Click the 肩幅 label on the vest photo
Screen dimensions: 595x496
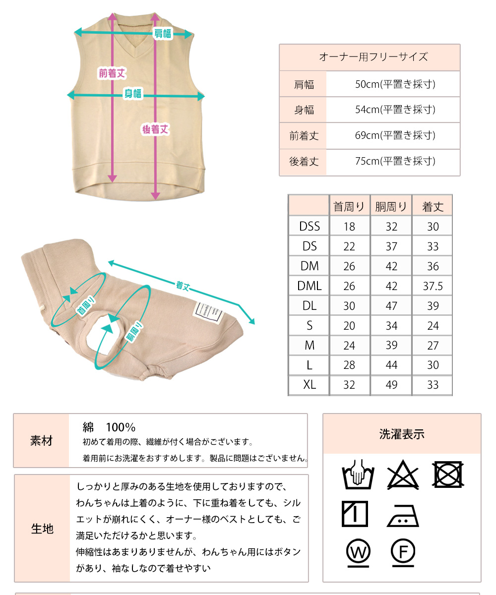click(x=162, y=34)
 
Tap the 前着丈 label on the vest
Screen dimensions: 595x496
click(x=112, y=74)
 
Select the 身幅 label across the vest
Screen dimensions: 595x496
click(x=133, y=94)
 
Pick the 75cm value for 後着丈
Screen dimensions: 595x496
click(x=395, y=161)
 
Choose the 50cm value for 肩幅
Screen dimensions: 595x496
click(x=395, y=84)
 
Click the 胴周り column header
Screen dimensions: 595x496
click(x=391, y=207)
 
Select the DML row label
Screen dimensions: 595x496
click(x=309, y=286)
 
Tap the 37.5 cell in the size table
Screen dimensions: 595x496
click(x=433, y=286)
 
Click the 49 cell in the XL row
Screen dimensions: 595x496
click(x=391, y=385)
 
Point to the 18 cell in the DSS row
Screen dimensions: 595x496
click(x=349, y=227)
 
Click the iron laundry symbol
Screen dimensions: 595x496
click(x=403, y=516)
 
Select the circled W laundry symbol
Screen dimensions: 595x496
click(x=359, y=551)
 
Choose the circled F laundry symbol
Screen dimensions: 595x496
click(x=403, y=551)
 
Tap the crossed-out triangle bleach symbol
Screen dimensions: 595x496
click(x=403, y=476)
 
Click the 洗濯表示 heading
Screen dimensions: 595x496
click(x=402, y=435)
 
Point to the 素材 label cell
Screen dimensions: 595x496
click(x=41, y=441)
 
